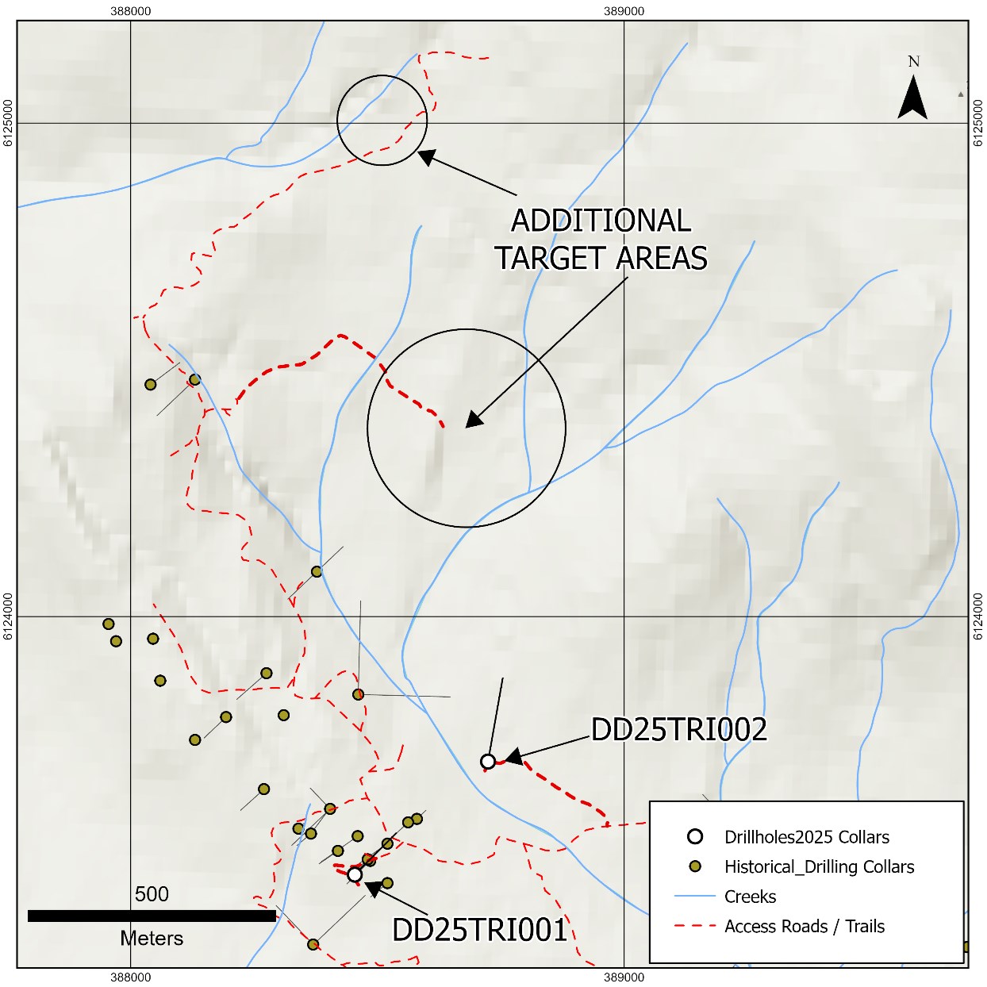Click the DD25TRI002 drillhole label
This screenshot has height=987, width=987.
pos(679,730)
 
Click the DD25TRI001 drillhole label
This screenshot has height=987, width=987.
pos(480,930)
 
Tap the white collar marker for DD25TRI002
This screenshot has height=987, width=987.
pos(488,762)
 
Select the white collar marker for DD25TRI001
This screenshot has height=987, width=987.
pos(355,874)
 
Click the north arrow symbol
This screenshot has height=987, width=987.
pos(912,97)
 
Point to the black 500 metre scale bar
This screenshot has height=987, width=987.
pos(152,916)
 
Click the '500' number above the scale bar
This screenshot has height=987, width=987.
pos(152,894)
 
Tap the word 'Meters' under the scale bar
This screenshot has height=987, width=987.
pos(152,939)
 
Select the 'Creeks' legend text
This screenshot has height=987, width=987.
pos(750,897)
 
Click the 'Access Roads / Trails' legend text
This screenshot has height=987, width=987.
pos(804,927)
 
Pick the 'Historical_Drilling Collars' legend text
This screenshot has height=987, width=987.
pos(819,866)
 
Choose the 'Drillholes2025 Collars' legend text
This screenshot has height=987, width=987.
pos(806,837)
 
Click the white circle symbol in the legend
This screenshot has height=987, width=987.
pos(695,836)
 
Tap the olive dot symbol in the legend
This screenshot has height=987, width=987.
pos(695,866)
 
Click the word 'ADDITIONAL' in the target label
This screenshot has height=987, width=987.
pos(601,221)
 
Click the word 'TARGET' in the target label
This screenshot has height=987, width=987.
pos(551,259)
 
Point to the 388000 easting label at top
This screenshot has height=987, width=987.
pos(131,11)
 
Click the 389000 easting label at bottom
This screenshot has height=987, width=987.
pos(624,977)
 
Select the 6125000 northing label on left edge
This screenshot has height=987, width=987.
pos(8,123)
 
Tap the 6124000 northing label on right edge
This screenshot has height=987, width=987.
pos(977,616)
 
